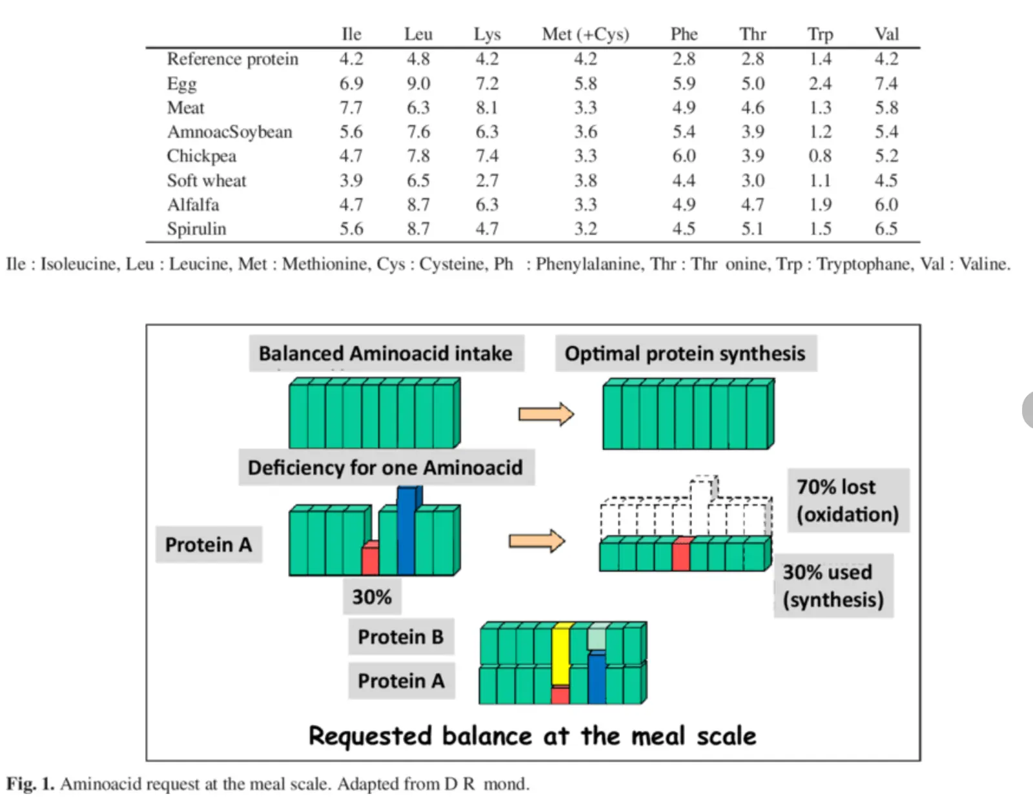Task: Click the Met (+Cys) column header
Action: [585, 34]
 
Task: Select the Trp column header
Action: [820, 35]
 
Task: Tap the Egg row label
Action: [181, 85]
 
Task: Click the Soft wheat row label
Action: [207, 181]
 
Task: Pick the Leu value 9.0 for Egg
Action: [418, 84]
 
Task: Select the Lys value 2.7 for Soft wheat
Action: [487, 181]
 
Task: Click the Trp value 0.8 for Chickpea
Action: [820, 156]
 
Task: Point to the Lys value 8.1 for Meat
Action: [487, 107]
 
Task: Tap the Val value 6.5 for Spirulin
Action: [886, 229]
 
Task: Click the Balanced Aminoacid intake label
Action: [386, 354]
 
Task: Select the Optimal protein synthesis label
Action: [686, 354]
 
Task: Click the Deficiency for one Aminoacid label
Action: [386, 467]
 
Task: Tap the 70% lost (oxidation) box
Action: [848, 500]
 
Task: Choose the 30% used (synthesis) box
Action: [834, 586]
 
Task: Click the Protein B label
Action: [401, 637]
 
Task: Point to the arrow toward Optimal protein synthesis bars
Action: [546, 414]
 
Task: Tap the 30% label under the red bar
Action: [372, 597]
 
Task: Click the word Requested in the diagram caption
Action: [372, 736]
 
